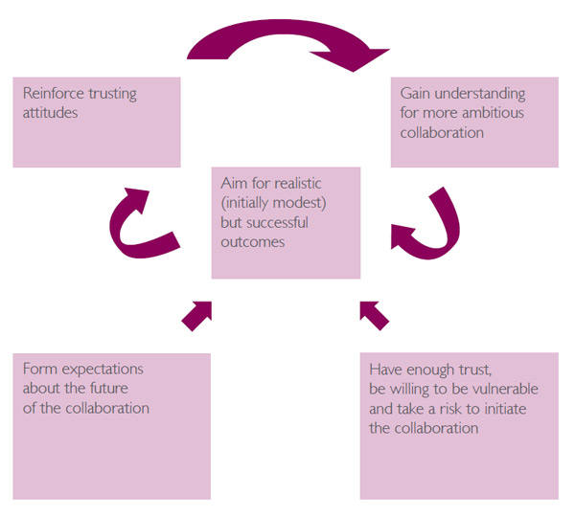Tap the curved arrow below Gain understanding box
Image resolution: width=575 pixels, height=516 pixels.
427,227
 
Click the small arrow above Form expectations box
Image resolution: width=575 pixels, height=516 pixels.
195,314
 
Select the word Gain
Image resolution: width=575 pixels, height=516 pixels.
418,94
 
